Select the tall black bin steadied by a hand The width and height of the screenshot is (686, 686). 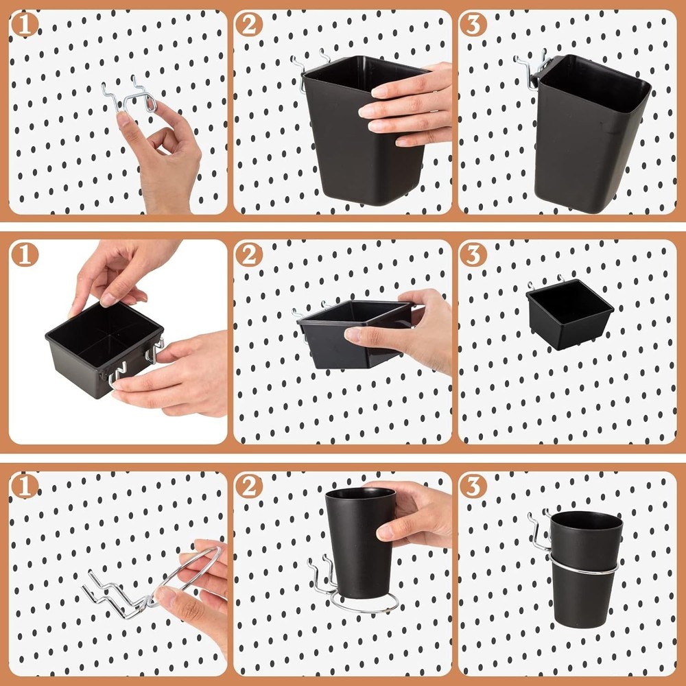(x=353, y=130)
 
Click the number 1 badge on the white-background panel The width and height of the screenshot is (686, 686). (x=25, y=255)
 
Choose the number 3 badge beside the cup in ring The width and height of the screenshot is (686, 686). (x=473, y=486)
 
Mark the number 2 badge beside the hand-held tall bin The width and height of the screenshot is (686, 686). (x=249, y=25)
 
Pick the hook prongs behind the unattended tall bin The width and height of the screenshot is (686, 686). (x=532, y=69)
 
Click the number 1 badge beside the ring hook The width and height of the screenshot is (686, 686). (x=25, y=486)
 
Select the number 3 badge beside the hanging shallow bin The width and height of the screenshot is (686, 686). (x=473, y=255)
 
